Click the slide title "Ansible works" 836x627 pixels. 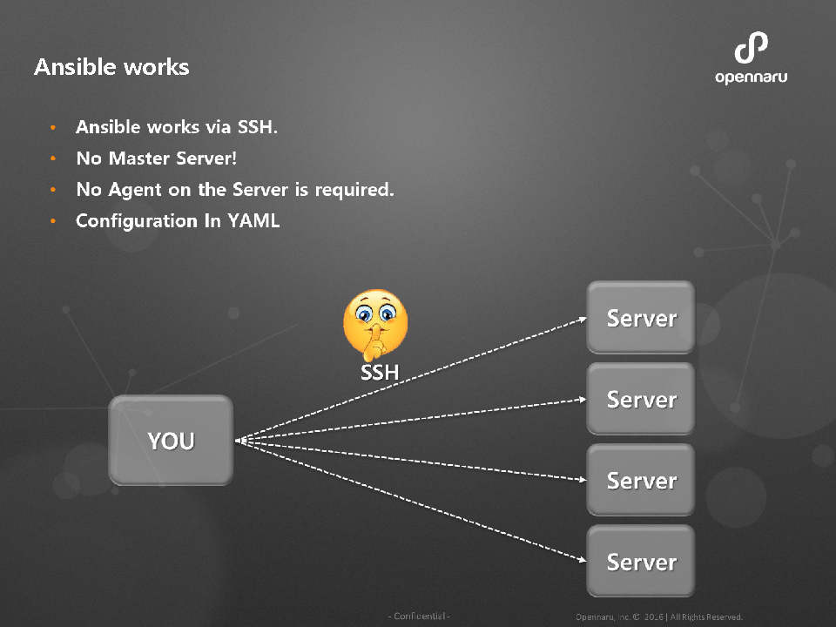(111, 67)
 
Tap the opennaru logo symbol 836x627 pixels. (751, 49)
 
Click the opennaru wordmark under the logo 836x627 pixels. (751, 78)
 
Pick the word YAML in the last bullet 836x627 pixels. (253, 221)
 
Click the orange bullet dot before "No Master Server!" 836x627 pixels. (53, 160)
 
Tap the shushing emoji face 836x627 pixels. (375, 327)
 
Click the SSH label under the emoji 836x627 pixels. (380, 373)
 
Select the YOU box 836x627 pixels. (171, 441)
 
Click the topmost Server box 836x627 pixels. (641, 318)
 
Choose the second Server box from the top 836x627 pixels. (641, 399)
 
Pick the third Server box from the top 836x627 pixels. (641, 480)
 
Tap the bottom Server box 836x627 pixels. (641, 562)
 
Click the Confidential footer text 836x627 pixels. (419, 617)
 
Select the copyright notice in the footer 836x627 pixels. (658, 617)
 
